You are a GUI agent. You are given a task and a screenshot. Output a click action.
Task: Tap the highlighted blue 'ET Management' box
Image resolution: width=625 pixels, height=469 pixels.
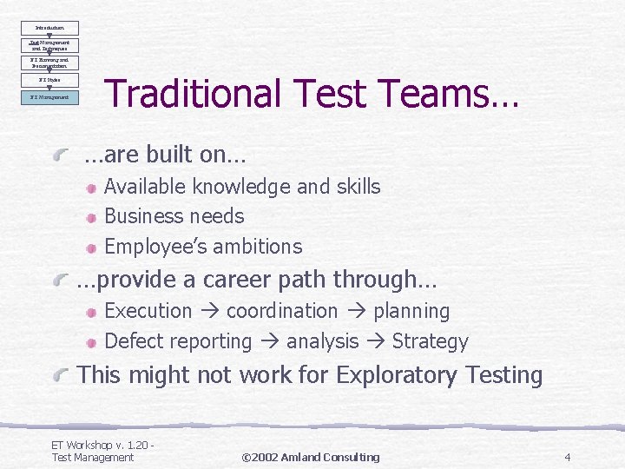click(49, 97)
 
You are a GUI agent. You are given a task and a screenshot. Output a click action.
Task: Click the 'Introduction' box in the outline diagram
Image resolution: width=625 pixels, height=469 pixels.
click(49, 28)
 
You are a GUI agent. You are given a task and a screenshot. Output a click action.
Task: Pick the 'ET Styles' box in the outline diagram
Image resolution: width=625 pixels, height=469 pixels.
click(49, 80)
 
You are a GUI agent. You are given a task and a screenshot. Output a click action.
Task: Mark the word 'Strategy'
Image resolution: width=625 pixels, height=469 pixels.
click(430, 342)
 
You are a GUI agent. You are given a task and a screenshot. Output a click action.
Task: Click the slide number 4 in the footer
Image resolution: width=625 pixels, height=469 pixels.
click(567, 457)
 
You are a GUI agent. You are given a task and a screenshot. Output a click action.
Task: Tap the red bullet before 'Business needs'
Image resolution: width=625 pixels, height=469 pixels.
click(91, 217)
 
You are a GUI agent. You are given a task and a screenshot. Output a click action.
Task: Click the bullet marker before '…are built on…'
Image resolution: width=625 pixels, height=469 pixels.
click(63, 156)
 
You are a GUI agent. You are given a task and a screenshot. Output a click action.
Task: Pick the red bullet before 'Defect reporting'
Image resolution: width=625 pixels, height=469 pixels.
click(91, 342)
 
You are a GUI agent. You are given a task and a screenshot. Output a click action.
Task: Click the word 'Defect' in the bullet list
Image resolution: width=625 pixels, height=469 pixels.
click(133, 342)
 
